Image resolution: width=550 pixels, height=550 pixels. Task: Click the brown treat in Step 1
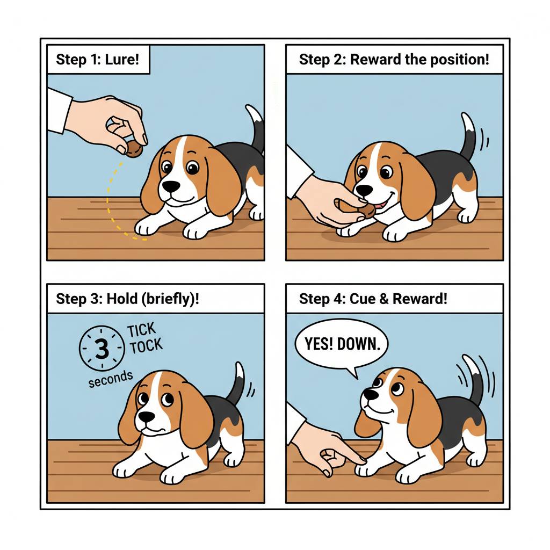tap(134, 149)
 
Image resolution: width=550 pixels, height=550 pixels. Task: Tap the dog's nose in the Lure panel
tap(171, 186)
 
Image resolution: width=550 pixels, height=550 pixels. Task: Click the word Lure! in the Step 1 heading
tap(122, 59)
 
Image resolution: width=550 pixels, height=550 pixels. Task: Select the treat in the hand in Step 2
tap(366, 211)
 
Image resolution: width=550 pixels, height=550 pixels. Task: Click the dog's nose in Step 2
tap(364, 191)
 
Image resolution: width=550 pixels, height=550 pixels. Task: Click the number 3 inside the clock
tap(102, 348)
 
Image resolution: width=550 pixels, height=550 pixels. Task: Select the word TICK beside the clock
tap(141, 330)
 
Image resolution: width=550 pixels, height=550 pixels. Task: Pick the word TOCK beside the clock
tap(146, 346)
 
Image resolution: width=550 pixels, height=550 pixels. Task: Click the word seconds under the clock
tap(111, 379)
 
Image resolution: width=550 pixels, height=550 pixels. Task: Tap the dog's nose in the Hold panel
tap(146, 417)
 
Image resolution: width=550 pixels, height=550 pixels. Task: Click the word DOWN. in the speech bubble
tap(359, 344)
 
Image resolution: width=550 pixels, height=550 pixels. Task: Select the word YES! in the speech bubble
tap(319, 344)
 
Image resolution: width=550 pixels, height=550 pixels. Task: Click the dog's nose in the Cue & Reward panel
tap(371, 394)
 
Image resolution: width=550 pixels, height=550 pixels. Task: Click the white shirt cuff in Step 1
tap(59, 111)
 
